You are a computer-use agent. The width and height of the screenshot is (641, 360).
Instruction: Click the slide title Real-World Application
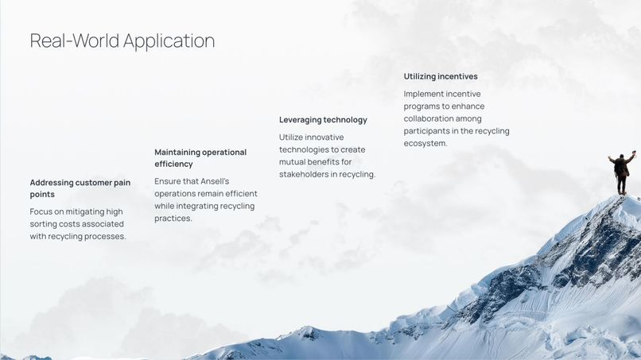[x=122, y=41]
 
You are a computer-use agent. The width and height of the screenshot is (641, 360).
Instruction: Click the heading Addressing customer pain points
[x=80, y=188]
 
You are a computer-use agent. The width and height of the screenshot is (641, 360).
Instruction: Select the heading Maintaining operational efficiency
[x=200, y=157]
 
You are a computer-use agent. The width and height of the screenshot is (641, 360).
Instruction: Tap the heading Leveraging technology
[x=323, y=120]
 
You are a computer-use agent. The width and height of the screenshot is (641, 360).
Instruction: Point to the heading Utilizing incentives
[x=441, y=76]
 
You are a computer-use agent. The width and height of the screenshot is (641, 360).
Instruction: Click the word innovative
[x=323, y=137]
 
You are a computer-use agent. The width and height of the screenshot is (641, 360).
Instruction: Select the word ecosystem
[x=425, y=144]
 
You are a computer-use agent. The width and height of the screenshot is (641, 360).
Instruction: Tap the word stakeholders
[x=305, y=175]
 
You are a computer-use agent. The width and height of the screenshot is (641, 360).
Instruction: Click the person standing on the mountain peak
[x=621, y=172]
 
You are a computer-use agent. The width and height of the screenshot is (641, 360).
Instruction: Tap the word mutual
[x=293, y=162]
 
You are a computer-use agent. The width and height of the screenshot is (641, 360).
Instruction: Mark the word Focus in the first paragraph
[x=42, y=211]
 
